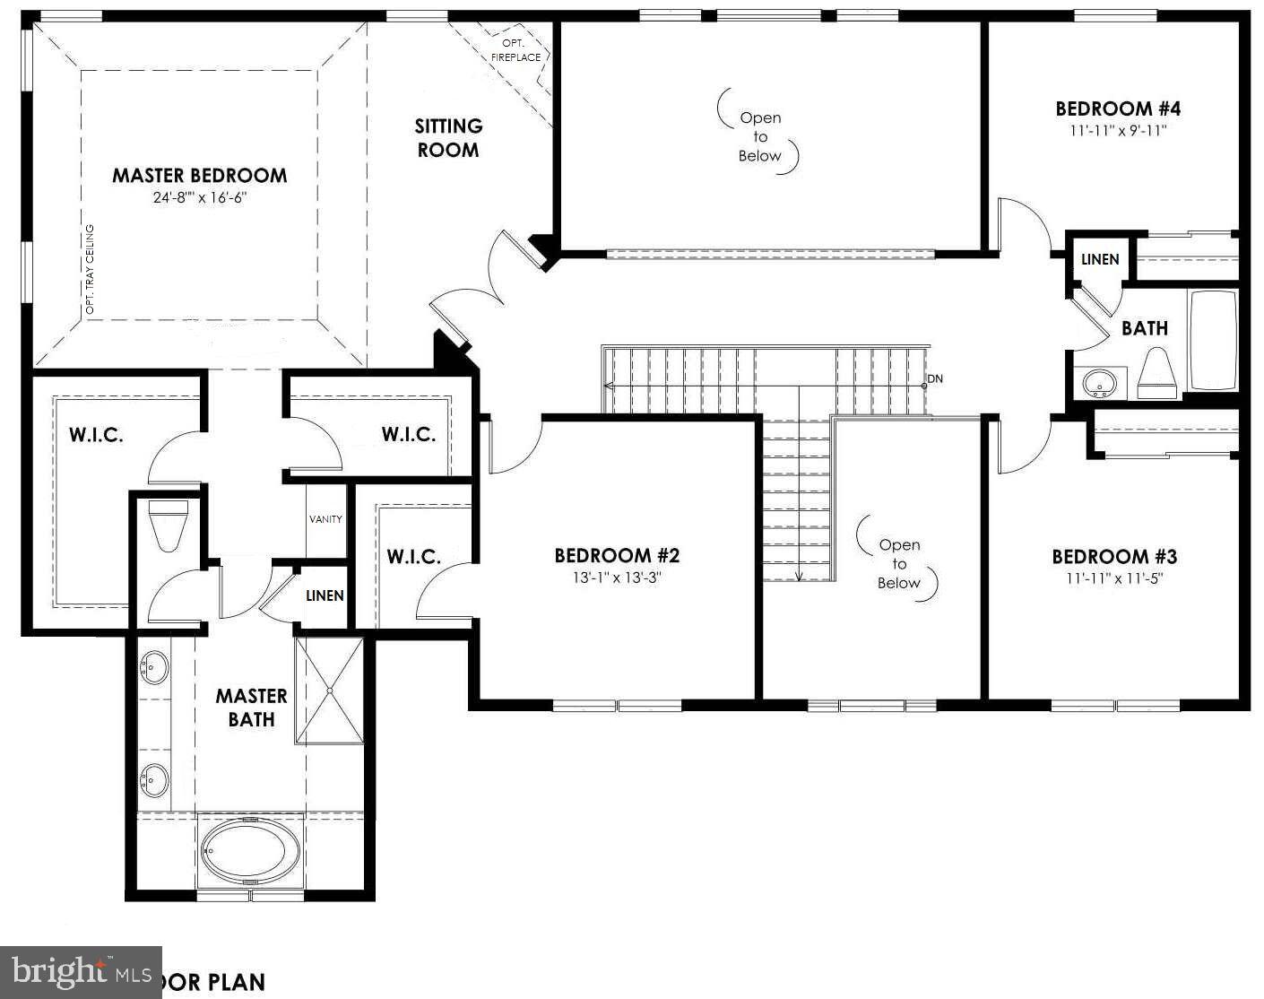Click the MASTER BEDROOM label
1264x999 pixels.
tap(199, 176)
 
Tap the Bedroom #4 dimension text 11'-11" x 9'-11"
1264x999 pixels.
tap(1117, 131)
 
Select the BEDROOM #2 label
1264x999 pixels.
tap(617, 556)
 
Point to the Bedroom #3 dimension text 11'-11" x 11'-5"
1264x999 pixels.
tap(1114, 578)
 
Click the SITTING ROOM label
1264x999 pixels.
tap(448, 138)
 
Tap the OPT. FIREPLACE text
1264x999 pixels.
tap(515, 50)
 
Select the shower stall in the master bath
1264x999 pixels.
tap(330, 691)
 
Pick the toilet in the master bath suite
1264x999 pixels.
tap(169, 526)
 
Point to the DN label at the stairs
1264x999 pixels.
tap(935, 379)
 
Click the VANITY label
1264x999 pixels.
tap(325, 519)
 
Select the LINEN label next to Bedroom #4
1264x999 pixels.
tap(1100, 260)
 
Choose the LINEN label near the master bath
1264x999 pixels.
tap(325, 595)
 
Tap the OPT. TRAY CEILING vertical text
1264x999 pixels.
tap(90, 269)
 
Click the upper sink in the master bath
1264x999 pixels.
tap(155, 668)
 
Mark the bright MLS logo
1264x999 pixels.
tap(81, 972)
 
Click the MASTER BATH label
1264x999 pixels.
tap(251, 708)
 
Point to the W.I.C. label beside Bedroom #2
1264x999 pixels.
tap(413, 557)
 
